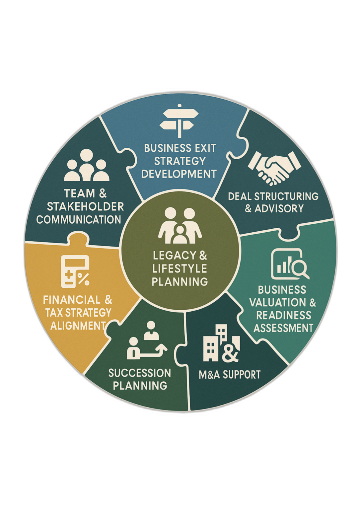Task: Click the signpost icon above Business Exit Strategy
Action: click(x=179, y=121)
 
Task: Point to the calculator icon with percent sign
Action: click(x=75, y=271)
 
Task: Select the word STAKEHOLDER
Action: click(x=85, y=206)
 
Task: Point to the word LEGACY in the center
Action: click(x=175, y=256)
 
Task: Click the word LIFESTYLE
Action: click(x=180, y=268)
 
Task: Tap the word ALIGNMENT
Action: click(x=78, y=326)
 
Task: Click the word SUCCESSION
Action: click(x=140, y=373)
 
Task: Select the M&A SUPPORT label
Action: click(x=230, y=375)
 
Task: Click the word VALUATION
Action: click(x=278, y=302)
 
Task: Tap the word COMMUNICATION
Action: click(x=79, y=219)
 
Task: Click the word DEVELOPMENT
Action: click(x=179, y=174)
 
